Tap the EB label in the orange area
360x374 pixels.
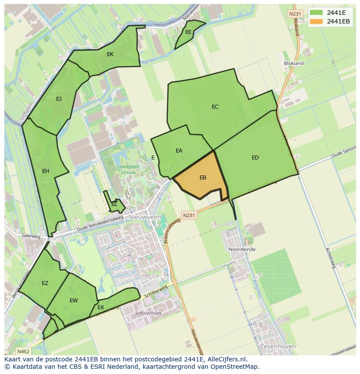(x=203, y=177)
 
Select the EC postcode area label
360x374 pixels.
(x=215, y=107)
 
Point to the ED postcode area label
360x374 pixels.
(x=255, y=158)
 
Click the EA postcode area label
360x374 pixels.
(x=179, y=151)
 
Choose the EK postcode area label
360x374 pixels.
(x=110, y=54)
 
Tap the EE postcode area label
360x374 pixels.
(x=188, y=32)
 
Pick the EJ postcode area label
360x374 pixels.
(x=59, y=99)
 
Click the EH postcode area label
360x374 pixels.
(x=46, y=171)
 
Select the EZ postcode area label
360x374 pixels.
(x=45, y=283)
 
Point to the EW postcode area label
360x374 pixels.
(x=73, y=301)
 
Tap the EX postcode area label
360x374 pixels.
(x=100, y=308)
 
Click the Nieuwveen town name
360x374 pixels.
(x=145, y=217)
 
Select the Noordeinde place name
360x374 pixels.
(x=242, y=250)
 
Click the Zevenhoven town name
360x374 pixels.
(x=278, y=347)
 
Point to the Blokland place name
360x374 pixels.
(x=293, y=63)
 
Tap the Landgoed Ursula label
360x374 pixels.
(x=126, y=169)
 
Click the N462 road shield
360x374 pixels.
(x=23, y=351)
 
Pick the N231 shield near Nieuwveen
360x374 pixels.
(x=189, y=215)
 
